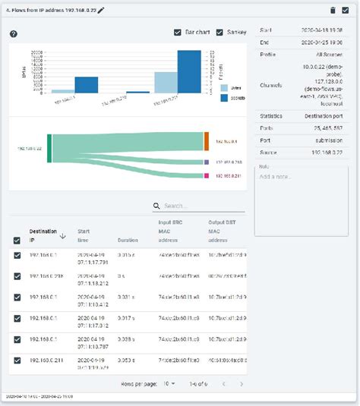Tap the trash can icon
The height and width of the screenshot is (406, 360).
[332, 10]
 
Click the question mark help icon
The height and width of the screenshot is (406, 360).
[13, 34]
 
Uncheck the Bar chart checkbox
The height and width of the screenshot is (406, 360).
[177, 33]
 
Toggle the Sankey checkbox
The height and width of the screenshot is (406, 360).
[220, 33]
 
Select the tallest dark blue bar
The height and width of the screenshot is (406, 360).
[189, 71]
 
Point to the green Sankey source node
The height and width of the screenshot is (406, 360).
[49, 148]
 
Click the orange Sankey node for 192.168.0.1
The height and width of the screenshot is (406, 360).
[207, 140]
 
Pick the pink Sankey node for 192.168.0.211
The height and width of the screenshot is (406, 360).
[207, 175]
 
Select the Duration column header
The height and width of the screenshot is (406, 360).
[128, 240]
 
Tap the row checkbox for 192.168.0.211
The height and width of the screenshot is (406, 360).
[17, 360]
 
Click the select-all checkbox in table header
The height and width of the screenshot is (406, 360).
[17, 240]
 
